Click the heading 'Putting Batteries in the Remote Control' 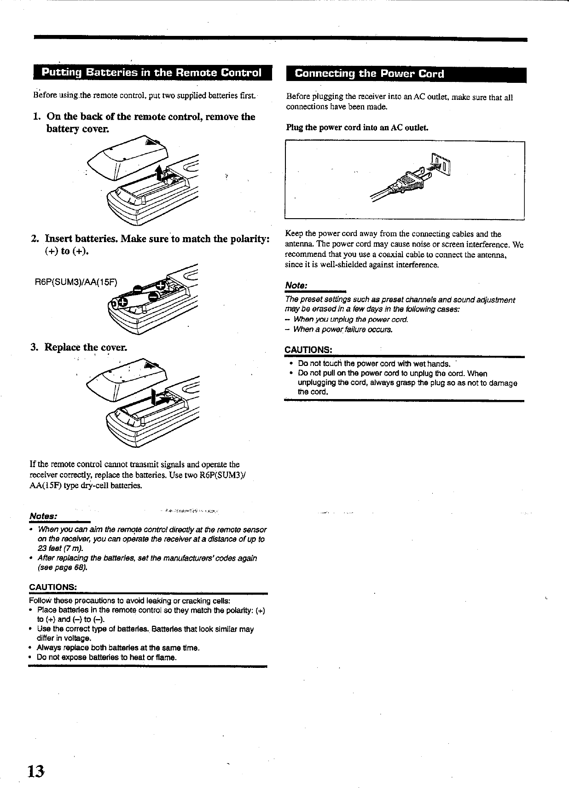pyautogui.click(x=151, y=73)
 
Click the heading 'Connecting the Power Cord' pyautogui.click(x=370, y=74)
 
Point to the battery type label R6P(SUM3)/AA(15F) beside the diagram pyautogui.click(x=76, y=282)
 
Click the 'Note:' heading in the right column pyautogui.click(x=296, y=285)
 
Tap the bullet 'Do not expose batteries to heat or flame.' pyautogui.click(x=106, y=657)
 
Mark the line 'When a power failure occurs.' pyautogui.click(x=343, y=330)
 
